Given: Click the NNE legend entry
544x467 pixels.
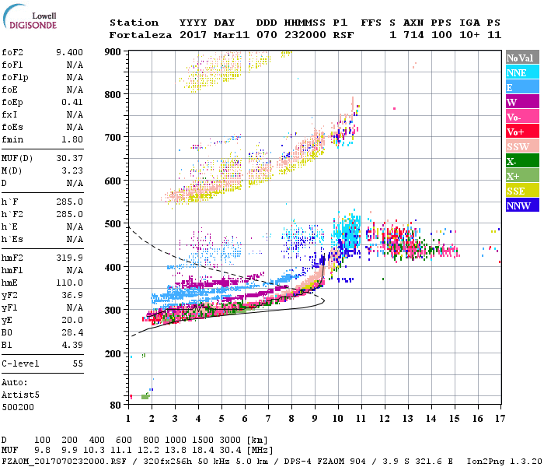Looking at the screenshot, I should tap(521, 72).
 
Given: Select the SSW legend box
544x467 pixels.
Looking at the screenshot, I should tap(521, 146).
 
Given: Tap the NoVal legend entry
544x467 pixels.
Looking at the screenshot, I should tap(521, 58).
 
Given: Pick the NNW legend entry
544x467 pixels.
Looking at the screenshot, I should tap(521, 205).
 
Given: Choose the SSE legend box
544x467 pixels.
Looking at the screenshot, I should tap(521, 191).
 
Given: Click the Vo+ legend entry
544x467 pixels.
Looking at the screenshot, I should tap(521, 132).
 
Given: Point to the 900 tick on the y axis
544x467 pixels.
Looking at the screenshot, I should tap(113, 51).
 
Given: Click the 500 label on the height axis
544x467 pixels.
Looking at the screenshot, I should tap(113, 224).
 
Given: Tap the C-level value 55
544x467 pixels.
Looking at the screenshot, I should tap(78, 363).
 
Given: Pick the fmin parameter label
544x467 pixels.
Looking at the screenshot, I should tap(12, 139).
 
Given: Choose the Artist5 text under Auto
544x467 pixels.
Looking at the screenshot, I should tap(16, 395).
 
